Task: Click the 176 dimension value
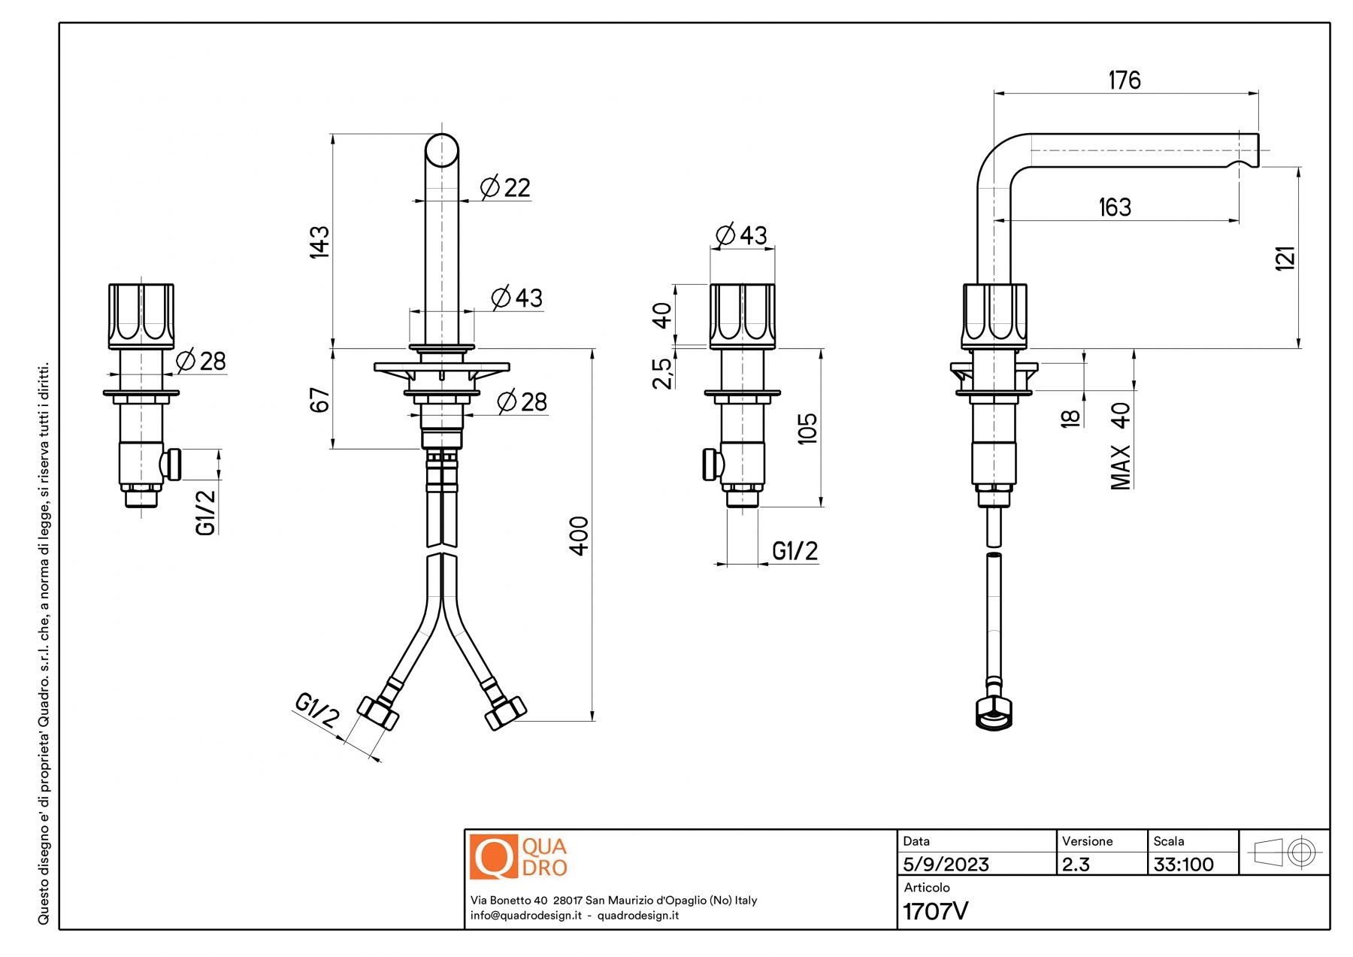tap(1124, 80)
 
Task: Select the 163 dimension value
tap(1114, 207)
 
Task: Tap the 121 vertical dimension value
tap(1285, 258)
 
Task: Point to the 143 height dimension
tap(319, 241)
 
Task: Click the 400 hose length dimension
tap(579, 535)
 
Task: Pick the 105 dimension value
tap(807, 429)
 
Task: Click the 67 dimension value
tap(319, 400)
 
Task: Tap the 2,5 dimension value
tap(661, 373)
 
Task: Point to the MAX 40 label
tap(1120, 447)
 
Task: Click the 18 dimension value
tap(1070, 418)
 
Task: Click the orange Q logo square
tap(493, 856)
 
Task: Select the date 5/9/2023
tap(946, 865)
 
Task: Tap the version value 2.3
tap(1076, 865)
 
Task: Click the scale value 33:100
tap(1183, 865)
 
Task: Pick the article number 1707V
tap(935, 911)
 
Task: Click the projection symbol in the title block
tap(1284, 853)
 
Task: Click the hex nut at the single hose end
tap(994, 713)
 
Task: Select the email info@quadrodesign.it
tap(525, 916)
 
